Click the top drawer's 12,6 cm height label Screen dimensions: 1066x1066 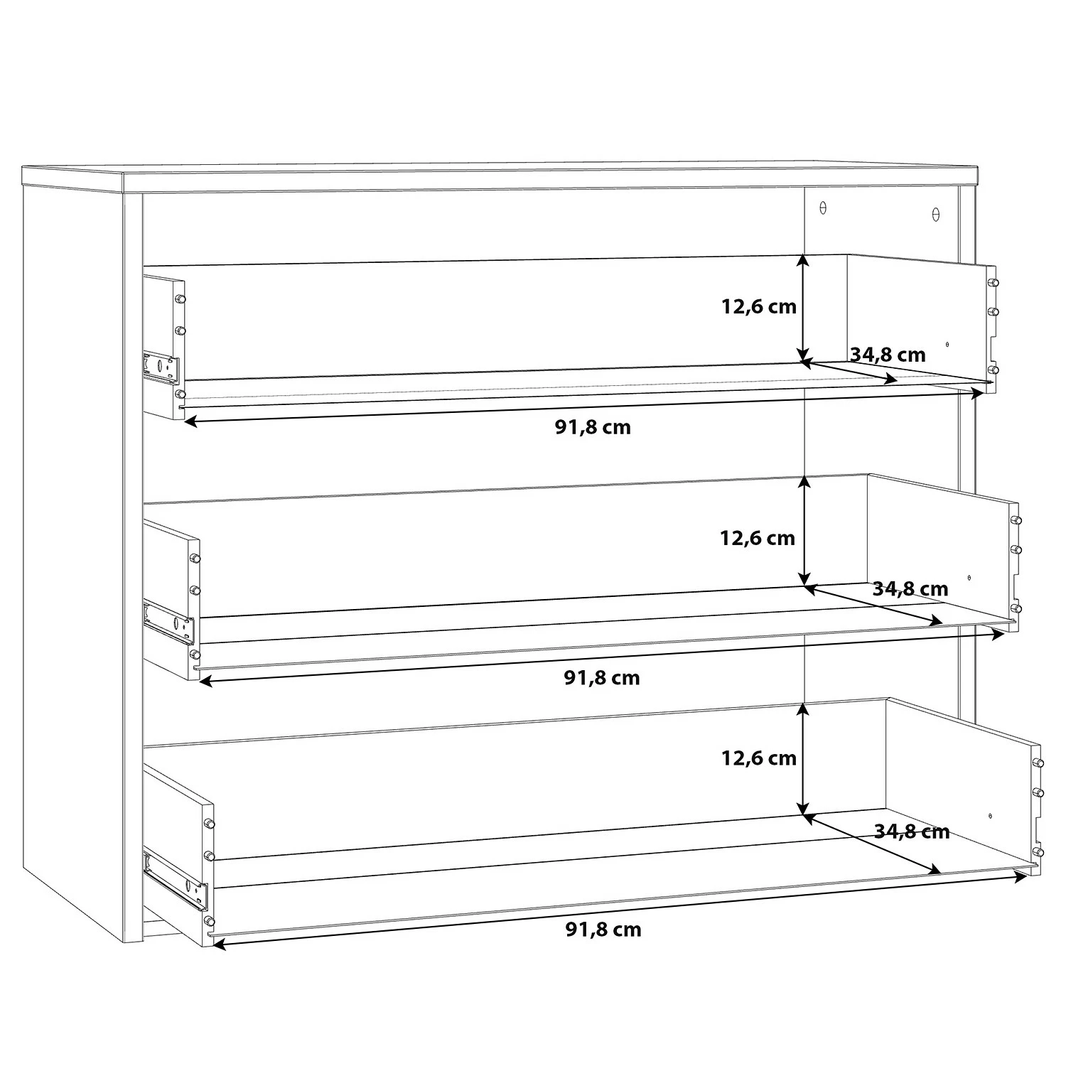[759, 307]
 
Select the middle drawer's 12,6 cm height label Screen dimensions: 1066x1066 [758, 538]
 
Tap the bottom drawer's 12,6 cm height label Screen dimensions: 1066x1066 [759, 758]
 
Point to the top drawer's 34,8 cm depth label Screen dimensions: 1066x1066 [888, 355]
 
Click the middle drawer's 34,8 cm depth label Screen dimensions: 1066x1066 [910, 589]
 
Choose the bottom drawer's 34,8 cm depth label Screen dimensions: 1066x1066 [912, 831]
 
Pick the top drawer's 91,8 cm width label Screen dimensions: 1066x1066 [593, 428]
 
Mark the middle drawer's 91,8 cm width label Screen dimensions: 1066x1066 [602, 678]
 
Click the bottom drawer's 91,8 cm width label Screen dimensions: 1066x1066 [603, 930]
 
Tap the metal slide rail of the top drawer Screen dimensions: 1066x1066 [161, 367]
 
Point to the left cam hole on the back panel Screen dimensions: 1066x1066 [824, 208]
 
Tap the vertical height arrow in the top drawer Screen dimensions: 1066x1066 [803, 308]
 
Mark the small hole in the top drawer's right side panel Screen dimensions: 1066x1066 [947, 345]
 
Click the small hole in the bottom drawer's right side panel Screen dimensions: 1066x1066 [990, 816]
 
